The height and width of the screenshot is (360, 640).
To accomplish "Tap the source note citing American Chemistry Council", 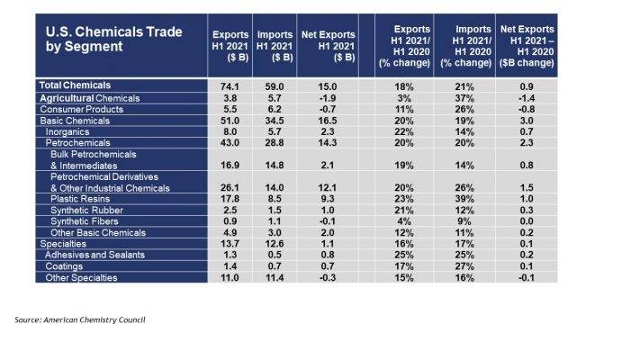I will [80, 319].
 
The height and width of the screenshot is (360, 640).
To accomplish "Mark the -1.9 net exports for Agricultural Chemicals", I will [325, 96].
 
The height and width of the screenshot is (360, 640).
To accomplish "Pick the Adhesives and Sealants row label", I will [95, 256].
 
